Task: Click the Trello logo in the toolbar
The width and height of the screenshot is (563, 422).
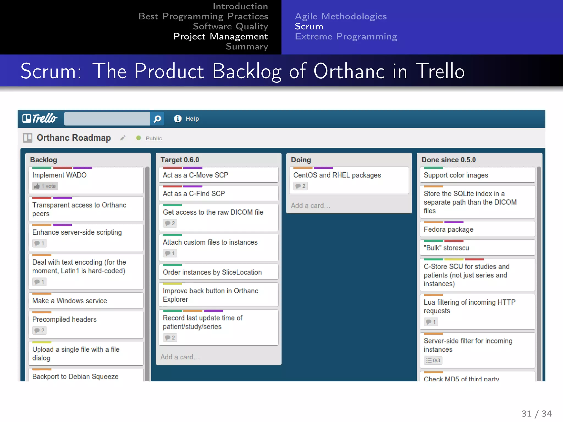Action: pos(40,118)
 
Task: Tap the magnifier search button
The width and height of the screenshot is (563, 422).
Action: pos(157,119)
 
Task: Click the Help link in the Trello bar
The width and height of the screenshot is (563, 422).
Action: pos(192,119)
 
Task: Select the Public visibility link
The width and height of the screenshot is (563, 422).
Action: pos(154,138)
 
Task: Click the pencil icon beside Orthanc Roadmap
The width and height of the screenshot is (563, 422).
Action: pos(123,138)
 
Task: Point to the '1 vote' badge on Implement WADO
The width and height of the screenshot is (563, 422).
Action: pos(45,186)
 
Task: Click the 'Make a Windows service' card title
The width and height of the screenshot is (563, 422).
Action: pos(70,301)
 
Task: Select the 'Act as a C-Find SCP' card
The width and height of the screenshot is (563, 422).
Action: pos(194,194)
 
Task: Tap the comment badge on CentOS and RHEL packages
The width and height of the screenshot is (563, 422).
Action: pos(300,186)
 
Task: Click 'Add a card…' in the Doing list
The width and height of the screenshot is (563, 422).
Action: pos(311,206)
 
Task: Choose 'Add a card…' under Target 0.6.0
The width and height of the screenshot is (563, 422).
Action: pos(180,357)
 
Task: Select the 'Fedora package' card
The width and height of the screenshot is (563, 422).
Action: pos(448,229)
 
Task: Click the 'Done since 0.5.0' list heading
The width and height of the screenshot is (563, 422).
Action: pos(448,160)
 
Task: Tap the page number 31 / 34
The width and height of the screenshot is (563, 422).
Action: pos(536,413)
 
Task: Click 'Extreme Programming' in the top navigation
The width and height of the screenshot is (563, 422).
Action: pos(346,37)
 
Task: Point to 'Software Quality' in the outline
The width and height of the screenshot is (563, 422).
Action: pos(230,26)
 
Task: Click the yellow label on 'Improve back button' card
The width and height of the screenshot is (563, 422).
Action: pos(172,284)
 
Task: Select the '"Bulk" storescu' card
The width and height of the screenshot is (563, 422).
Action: pos(446,248)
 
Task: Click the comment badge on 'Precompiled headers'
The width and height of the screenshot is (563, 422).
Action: pos(39,331)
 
